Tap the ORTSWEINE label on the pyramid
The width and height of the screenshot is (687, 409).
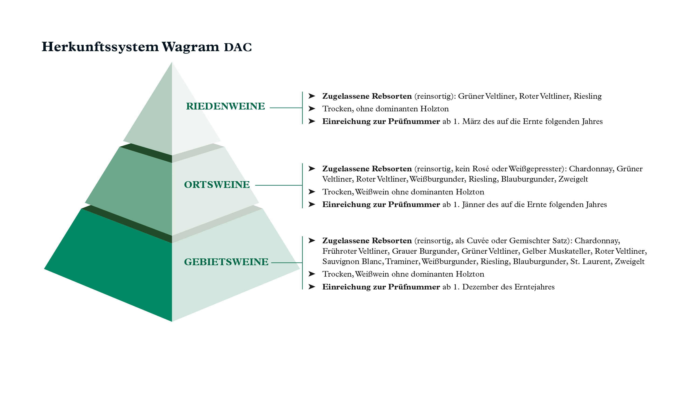point(217,185)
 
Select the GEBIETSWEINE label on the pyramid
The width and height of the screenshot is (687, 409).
point(226,262)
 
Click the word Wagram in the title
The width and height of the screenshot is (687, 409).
point(190,47)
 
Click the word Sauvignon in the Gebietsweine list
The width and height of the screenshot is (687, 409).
point(341,261)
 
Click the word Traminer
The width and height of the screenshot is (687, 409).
point(402,261)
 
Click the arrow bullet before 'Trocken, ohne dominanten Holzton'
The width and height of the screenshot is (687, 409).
point(312,109)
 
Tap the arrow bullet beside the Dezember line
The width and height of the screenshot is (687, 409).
point(312,287)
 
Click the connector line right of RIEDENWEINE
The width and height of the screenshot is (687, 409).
point(286,108)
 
